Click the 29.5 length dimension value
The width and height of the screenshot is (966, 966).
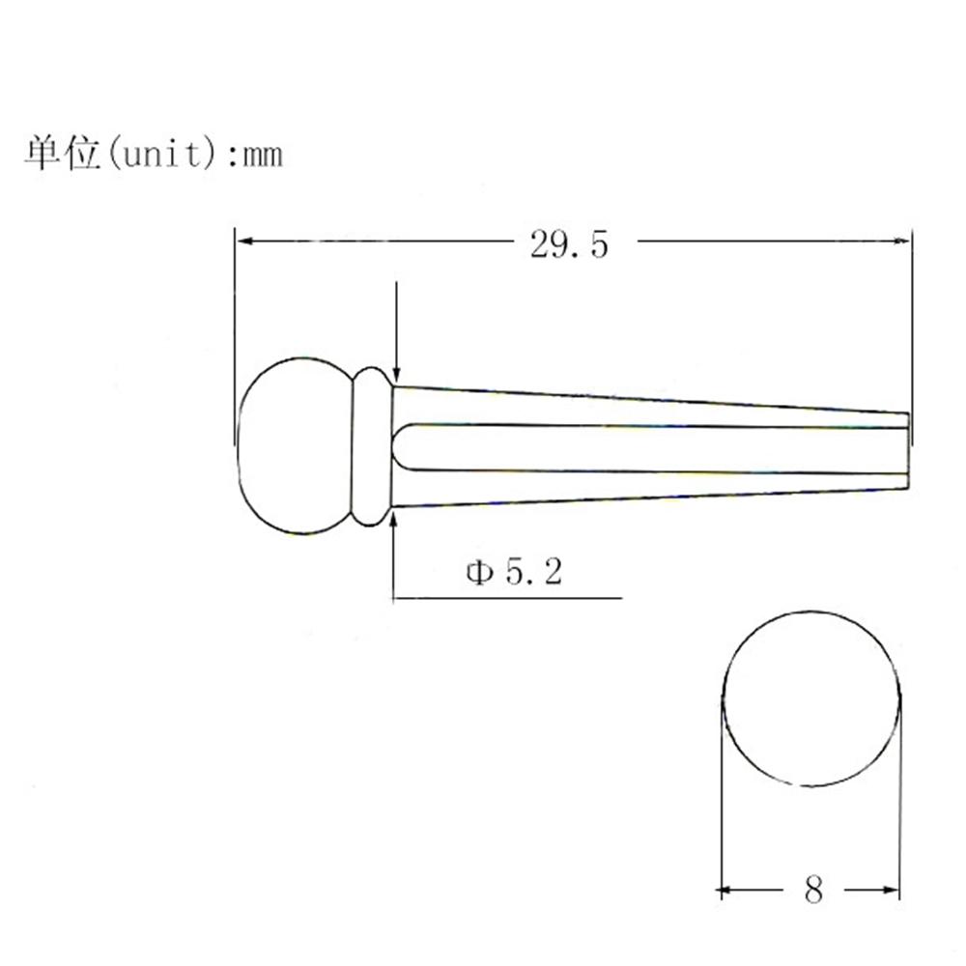pos(569,244)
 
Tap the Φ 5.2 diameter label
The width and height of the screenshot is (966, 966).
pos(514,572)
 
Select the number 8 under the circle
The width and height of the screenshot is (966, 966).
pos(813,890)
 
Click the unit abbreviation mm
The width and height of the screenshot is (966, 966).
pos(263,155)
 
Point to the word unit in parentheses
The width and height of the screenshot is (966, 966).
pos(162,154)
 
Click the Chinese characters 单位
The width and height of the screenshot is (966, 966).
pos(62,153)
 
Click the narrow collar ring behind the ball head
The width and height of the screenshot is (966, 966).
pos(372,446)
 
